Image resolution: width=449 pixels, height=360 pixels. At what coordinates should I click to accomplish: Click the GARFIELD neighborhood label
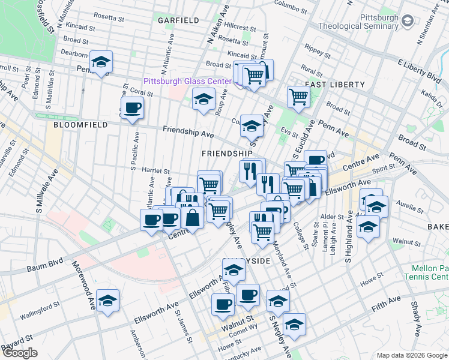178,20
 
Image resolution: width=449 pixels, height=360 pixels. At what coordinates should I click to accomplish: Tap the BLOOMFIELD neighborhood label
80,125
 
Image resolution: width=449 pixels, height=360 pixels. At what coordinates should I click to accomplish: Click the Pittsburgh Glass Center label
187,81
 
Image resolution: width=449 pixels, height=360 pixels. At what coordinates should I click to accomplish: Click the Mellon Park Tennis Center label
429,272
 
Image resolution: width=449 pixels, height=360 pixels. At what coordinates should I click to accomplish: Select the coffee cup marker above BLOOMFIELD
132,109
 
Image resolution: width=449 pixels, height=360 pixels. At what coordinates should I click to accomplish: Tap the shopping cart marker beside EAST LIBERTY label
298,96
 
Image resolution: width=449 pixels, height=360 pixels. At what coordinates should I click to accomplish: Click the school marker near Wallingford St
107,301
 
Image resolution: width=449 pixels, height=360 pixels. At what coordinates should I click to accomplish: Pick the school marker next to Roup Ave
204,98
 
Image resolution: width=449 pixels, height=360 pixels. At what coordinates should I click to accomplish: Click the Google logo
20,353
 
